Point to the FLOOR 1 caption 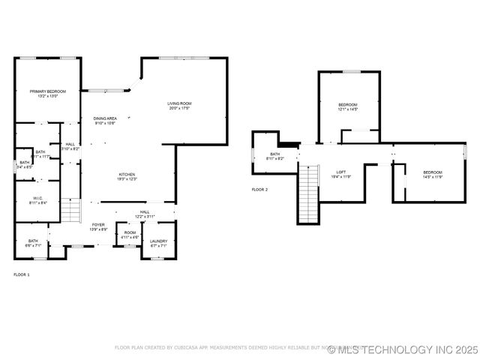22,274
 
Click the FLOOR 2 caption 259,190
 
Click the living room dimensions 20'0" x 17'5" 179,108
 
